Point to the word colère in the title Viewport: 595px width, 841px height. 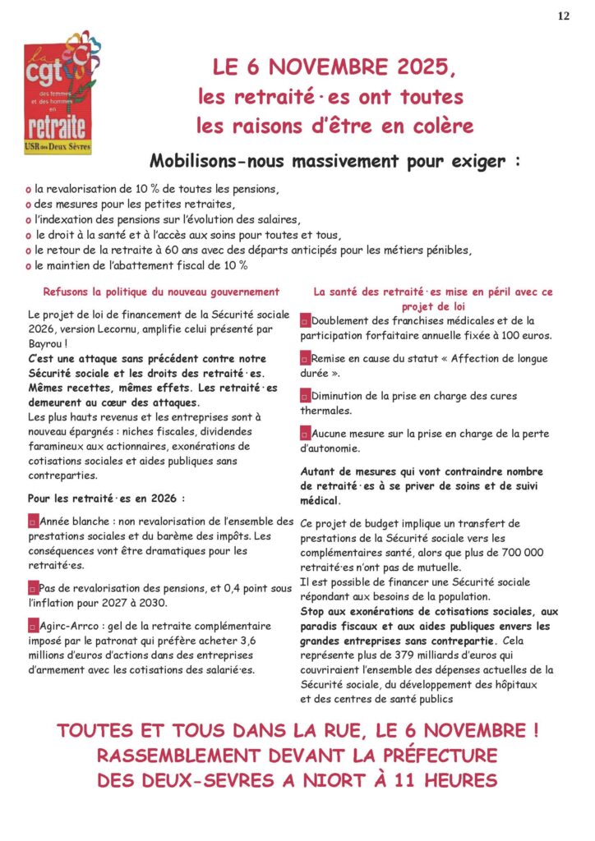point(444,126)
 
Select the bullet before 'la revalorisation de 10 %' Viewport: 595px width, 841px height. point(29,189)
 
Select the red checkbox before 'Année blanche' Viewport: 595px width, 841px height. point(33,522)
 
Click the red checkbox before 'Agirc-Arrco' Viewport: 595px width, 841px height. point(33,627)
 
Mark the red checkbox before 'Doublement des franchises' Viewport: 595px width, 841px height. point(305,321)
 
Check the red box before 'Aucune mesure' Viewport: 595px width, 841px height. point(305,434)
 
